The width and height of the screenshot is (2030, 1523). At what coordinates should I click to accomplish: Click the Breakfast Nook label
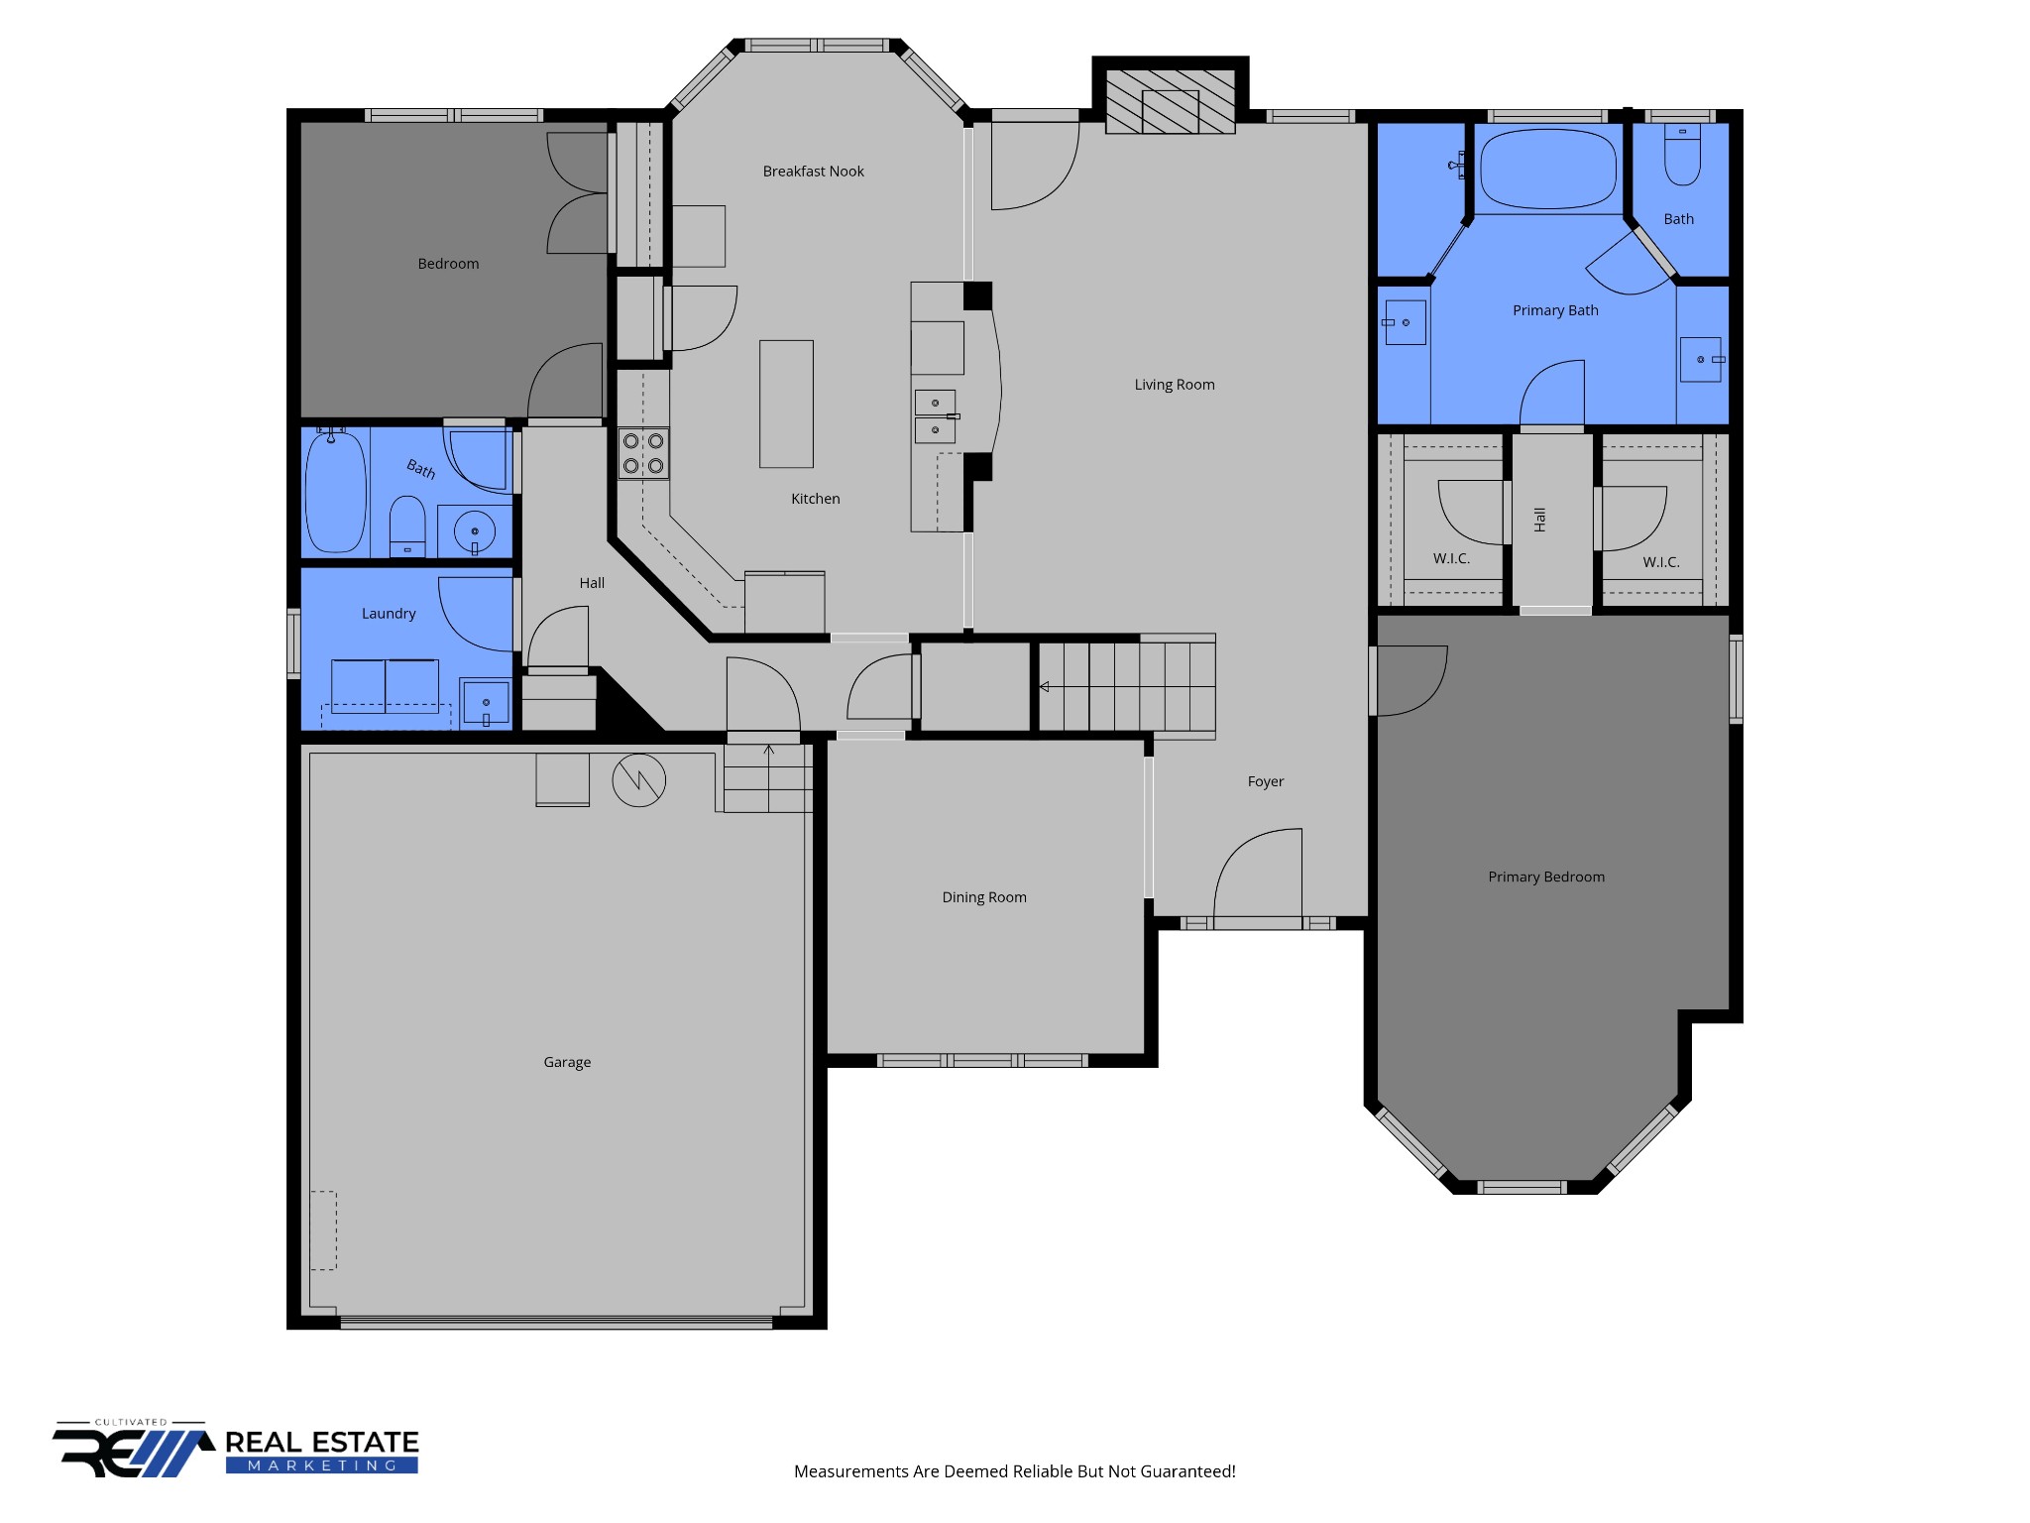click(813, 172)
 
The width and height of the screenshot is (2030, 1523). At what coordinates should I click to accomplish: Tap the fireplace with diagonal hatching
click(1170, 101)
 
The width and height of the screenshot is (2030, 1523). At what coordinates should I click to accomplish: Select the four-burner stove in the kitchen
click(643, 453)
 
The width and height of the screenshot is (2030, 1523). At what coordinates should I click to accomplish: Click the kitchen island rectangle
click(786, 404)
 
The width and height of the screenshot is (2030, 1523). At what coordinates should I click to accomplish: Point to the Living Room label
click(1174, 385)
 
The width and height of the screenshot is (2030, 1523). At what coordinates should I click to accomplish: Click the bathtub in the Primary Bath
click(1547, 169)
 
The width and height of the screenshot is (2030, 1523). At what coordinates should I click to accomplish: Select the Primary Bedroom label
click(1545, 877)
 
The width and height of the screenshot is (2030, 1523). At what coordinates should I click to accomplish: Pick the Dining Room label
click(983, 897)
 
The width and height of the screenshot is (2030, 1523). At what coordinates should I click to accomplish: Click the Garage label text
click(567, 1062)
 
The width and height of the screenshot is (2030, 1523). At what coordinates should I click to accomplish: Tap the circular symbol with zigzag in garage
click(638, 780)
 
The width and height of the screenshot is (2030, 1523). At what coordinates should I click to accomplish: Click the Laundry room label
click(389, 614)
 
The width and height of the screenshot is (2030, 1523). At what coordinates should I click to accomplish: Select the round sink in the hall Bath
click(475, 532)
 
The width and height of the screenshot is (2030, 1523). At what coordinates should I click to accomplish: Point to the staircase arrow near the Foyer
click(1044, 686)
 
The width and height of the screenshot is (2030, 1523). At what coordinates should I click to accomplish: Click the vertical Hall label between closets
click(1539, 519)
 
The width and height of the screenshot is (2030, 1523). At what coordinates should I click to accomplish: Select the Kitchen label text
click(815, 499)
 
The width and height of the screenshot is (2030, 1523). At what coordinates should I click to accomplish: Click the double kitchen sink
click(935, 416)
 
